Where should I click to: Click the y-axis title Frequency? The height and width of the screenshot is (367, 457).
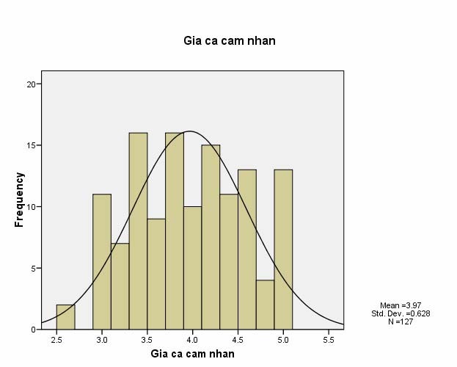(x=20, y=199)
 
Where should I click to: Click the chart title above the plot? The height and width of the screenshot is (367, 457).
(x=229, y=40)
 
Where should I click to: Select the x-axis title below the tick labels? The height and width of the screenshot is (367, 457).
(x=192, y=354)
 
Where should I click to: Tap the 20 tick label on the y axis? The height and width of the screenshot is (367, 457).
(x=32, y=84)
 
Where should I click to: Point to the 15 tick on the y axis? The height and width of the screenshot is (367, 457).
(x=32, y=145)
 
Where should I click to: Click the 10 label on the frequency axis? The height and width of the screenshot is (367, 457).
(x=32, y=207)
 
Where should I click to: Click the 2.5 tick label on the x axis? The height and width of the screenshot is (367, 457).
(x=56, y=341)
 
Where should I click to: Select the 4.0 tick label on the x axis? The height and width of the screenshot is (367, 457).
(x=192, y=341)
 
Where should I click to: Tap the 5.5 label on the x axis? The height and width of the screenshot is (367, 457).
(x=328, y=341)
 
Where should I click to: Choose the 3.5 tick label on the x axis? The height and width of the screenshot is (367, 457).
(x=147, y=341)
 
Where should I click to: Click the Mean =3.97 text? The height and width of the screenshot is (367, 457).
(x=401, y=305)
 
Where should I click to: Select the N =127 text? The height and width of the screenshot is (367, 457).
(x=401, y=321)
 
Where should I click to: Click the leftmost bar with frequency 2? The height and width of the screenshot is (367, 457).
(x=65, y=317)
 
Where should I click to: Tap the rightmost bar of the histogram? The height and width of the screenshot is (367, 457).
(x=283, y=250)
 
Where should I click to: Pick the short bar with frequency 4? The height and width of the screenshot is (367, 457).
(x=265, y=305)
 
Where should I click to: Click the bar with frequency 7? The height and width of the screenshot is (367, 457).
(x=120, y=286)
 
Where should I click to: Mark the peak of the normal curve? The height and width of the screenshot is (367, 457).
(x=190, y=131)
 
